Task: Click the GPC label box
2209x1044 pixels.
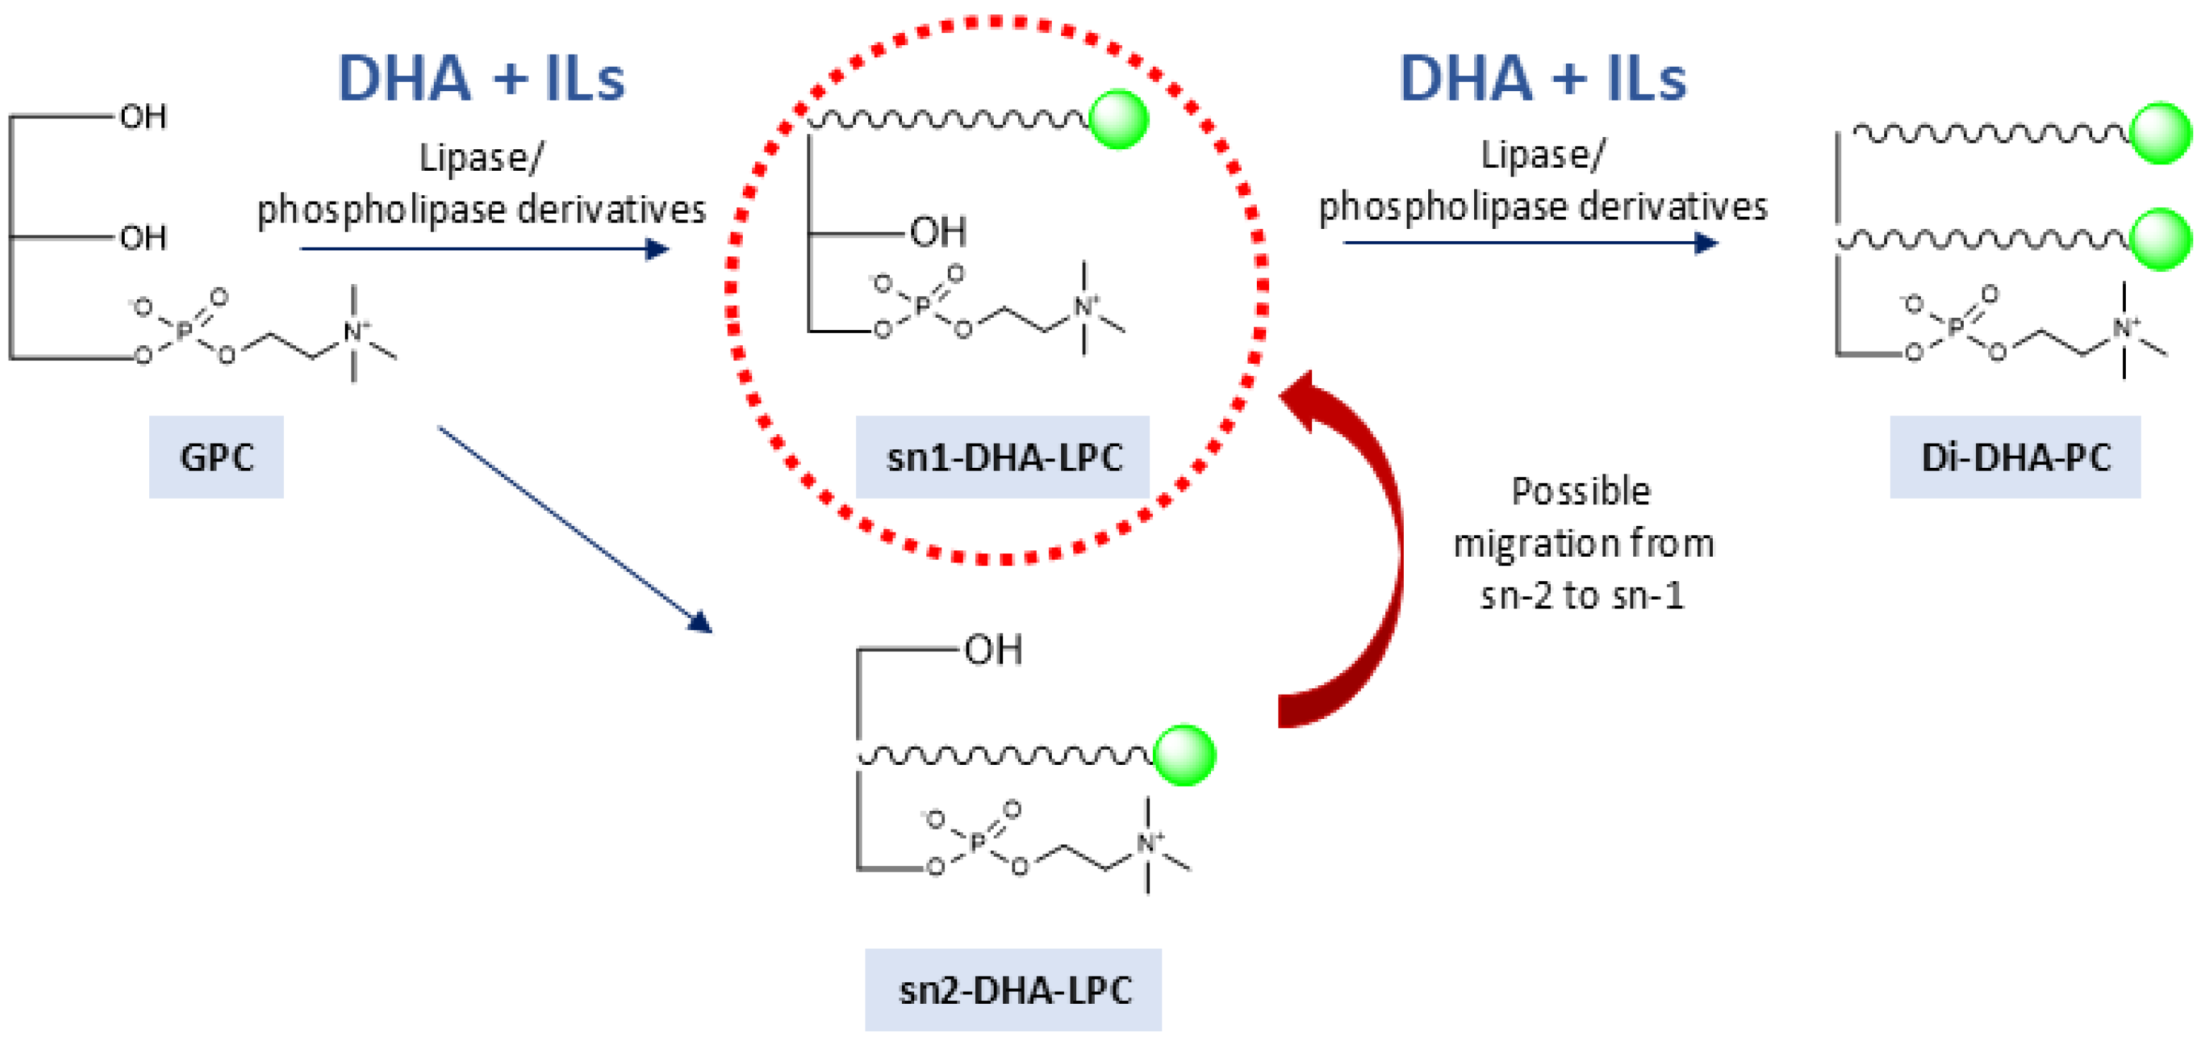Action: [x=216, y=456]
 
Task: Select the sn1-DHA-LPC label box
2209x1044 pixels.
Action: [x=1002, y=456]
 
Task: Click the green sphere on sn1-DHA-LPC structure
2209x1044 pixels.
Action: [x=1118, y=120]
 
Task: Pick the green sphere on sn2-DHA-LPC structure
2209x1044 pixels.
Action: [x=1184, y=755]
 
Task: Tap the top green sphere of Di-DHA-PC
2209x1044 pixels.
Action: [x=2161, y=133]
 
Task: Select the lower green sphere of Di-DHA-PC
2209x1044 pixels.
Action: [x=2161, y=240]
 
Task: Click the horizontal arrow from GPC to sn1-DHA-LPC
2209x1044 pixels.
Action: [x=485, y=249]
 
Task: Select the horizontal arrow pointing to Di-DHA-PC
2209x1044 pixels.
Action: [x=1531, y=243]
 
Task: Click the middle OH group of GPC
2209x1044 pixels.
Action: [x=143, y=238]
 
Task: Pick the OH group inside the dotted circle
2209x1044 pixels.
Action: [x=938, y=232]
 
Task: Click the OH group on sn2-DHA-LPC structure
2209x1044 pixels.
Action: [x=993, y=650]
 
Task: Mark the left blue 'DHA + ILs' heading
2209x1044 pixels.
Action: [x=481, y=78]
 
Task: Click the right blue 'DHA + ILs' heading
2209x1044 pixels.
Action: [x=1541, y=78]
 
